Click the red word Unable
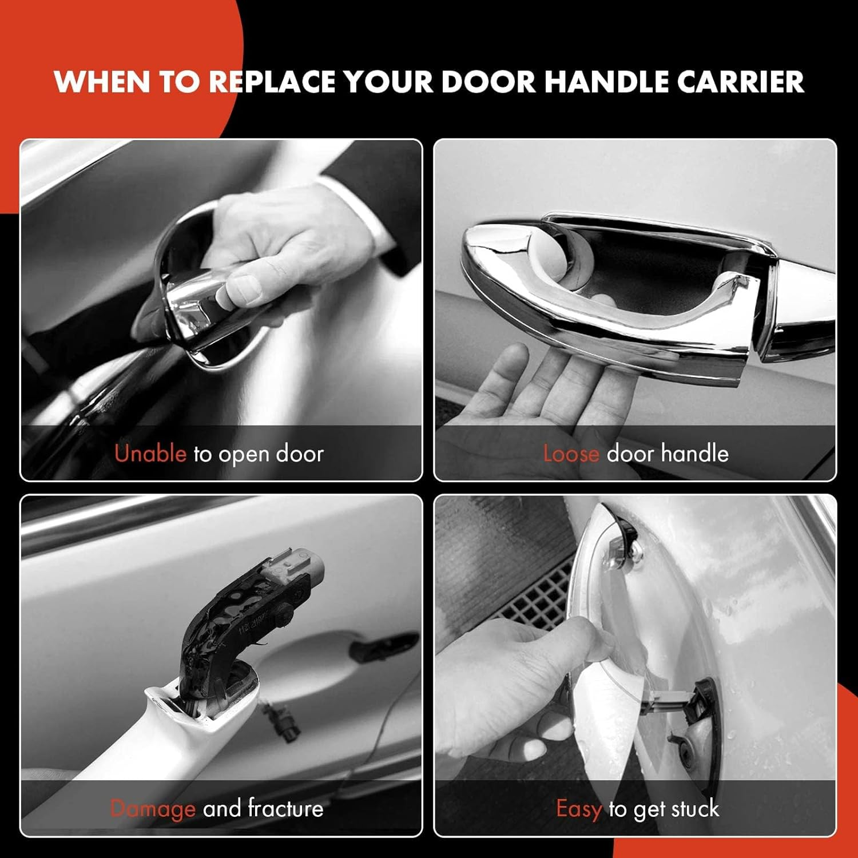(x=150, y=454)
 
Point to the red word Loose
(x=571, y=454)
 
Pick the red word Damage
(x=153, y=809)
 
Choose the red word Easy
(x=578, y=809)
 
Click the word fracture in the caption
(x=285, y=809)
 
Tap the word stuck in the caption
(x=695, y=809)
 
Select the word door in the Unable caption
(x=300, y=454)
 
